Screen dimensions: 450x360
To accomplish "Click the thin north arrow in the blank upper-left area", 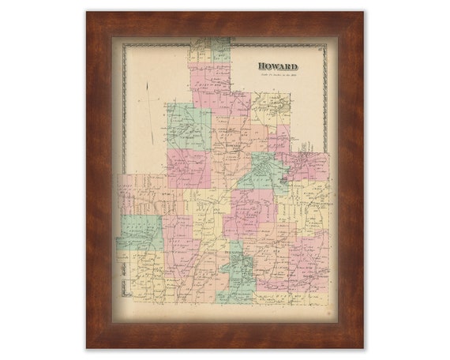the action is click(147, 111).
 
